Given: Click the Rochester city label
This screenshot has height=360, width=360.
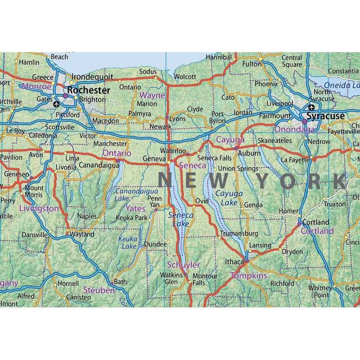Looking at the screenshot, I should (x=89, y=90).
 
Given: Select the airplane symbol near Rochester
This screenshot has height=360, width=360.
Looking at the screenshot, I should (x=56, y=104).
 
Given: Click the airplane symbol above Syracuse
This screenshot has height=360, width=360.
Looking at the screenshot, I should (x=311, y=107).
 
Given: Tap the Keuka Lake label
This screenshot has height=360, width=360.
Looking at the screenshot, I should (x=127, y=243).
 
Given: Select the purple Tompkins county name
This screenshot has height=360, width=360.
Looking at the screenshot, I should (x=249, y=275).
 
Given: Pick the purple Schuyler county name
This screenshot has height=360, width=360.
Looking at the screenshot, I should (x=183, y=265).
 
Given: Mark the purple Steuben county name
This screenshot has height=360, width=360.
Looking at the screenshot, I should (x=99, y=291).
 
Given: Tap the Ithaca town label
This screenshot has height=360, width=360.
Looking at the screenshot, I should (x=234, y=261).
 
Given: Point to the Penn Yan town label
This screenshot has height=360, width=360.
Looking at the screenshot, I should (x=154, y=202).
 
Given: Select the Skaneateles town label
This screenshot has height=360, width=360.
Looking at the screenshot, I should (x=275, y=141).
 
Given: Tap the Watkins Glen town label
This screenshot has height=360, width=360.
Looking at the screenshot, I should (x=171, y=278).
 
